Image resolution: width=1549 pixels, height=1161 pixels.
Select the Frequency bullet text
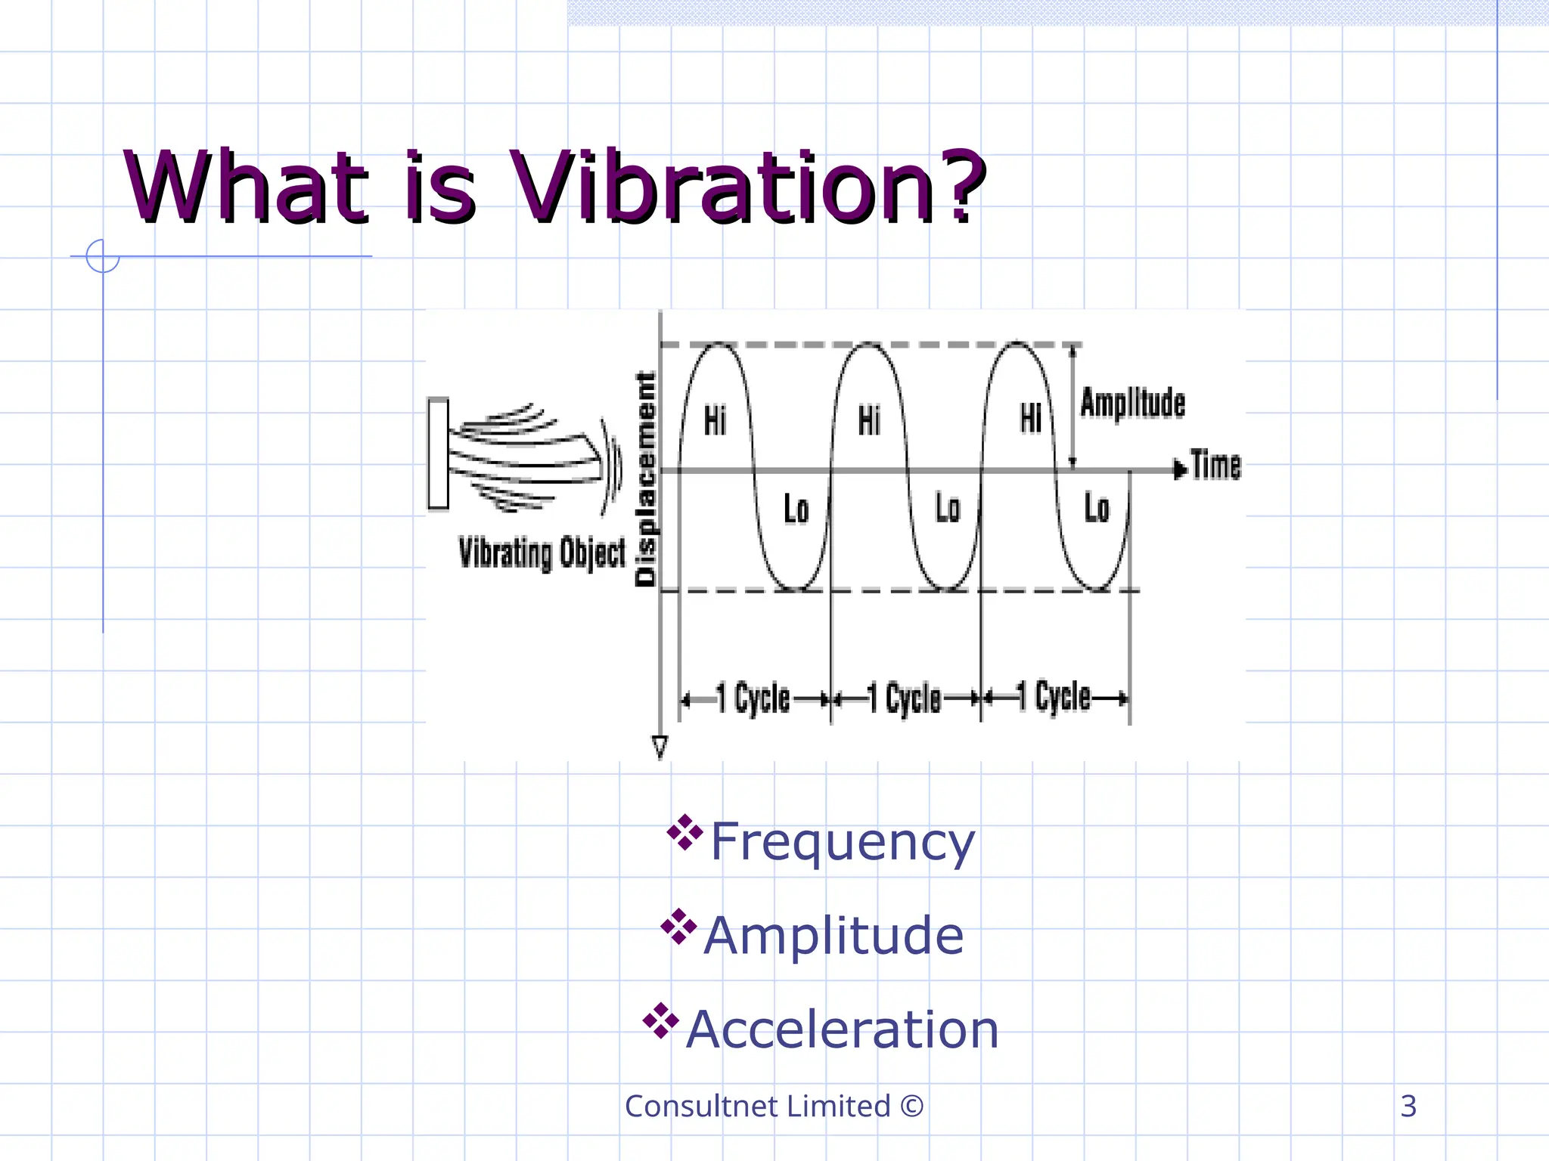pos(843,841)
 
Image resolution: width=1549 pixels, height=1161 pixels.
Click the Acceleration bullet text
pos(843,1029)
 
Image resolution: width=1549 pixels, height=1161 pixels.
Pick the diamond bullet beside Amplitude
pos(678,927)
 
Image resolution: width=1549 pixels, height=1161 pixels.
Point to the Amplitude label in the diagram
pos(1132,403)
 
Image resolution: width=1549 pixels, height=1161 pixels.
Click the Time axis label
pos(1216,464)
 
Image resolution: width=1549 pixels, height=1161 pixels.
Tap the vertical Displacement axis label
pos(645,479)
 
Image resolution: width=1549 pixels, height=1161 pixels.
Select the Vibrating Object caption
pos(542,553)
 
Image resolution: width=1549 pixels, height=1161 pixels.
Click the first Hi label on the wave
pos(715,420)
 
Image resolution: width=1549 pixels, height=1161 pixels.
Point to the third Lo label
pos(1097,508)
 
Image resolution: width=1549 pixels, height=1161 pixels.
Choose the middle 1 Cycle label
pos(904,698)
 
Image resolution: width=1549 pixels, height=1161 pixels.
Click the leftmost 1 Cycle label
pos(753,698)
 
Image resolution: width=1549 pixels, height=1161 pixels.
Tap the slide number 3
pos(1408,1106)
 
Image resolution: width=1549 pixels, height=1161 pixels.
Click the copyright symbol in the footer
pos(912,1106)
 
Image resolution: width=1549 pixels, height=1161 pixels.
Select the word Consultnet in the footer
pos(701,1106)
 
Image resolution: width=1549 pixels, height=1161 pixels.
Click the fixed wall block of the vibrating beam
pos(438,454)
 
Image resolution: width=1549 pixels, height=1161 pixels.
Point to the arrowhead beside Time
pos(1179,469)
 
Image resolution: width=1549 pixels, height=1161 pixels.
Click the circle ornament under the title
pos(103,256)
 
